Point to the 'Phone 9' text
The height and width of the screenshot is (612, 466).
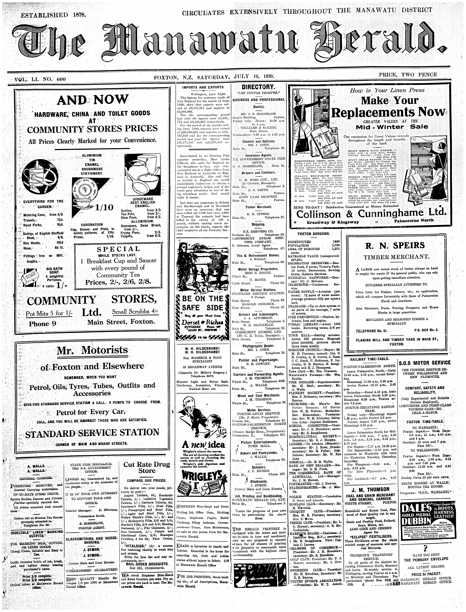(x=42, y=324)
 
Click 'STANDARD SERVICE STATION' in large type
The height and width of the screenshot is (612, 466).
(x=92, y=433)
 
